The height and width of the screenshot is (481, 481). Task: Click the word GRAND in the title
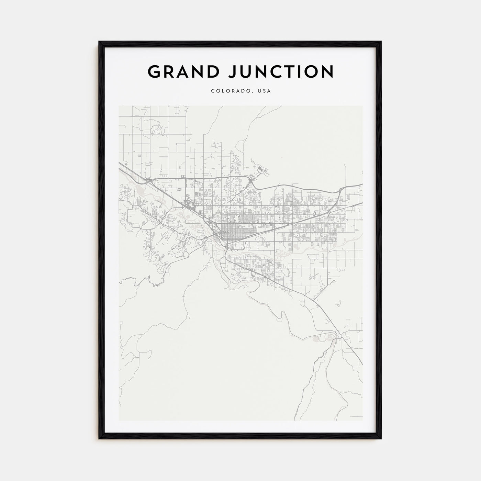coord(183,71)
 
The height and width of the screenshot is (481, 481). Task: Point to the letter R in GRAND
coord(168,71)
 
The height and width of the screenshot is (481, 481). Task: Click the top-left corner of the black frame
coord(100,42)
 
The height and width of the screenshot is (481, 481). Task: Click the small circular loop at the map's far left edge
coord(126,165)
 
